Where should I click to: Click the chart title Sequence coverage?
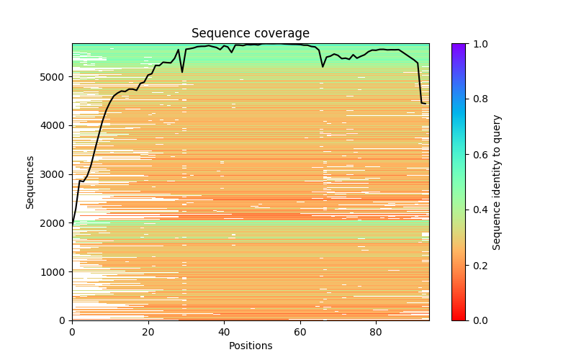pyautogui.click(x=251, y=34)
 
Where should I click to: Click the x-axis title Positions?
pyautogui.click(x=251, y=346)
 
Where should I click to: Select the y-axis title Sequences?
pyautogui.click(x=30, y=182)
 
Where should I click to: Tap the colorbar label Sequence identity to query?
pyautogui.click(x=497, y=182)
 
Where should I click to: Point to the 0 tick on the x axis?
pyautogui.click(x=72, y=332)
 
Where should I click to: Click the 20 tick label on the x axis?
pyautogui.click(x=148, y=332)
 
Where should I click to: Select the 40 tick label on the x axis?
pyautogui.click(x=224, y=332)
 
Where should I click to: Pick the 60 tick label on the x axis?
pyautogui.click(x=300, y=332)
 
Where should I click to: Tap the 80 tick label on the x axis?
pyautogui.click(x=376, y=332)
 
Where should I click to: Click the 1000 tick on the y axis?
pyautogui.click(x=53, y=271)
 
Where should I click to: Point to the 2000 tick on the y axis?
pyautogui.click(x=53, y=223)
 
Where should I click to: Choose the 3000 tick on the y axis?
pyautogui.click(x=53, y=174)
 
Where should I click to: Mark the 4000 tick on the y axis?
pyautogui.click(x=53, y=125)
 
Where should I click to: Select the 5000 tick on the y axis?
pyautogui.click(x=53, y=77)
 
